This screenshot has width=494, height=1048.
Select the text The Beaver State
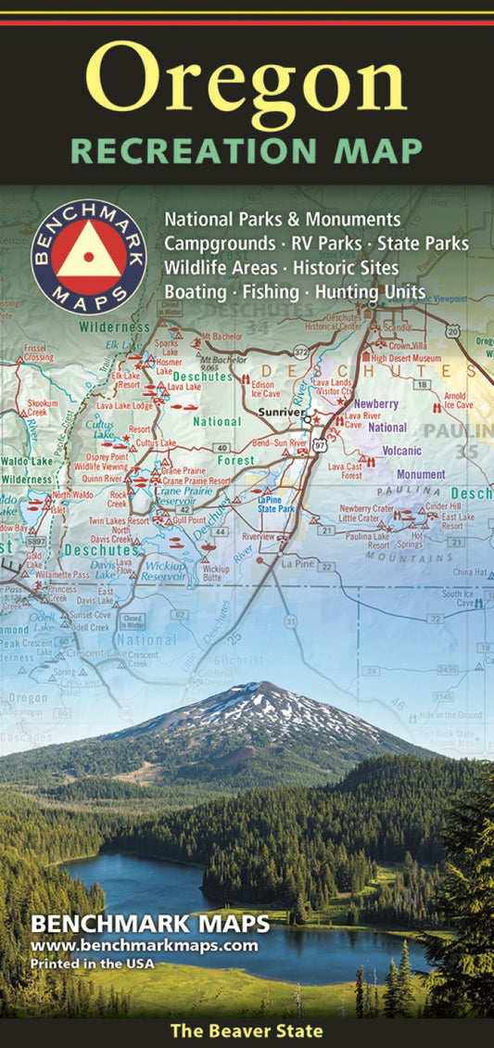click(x=247, y=1030)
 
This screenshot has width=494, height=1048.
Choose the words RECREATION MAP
click(x=247, y=150)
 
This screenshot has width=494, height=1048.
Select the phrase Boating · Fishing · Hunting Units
click(x=295, y=291)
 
